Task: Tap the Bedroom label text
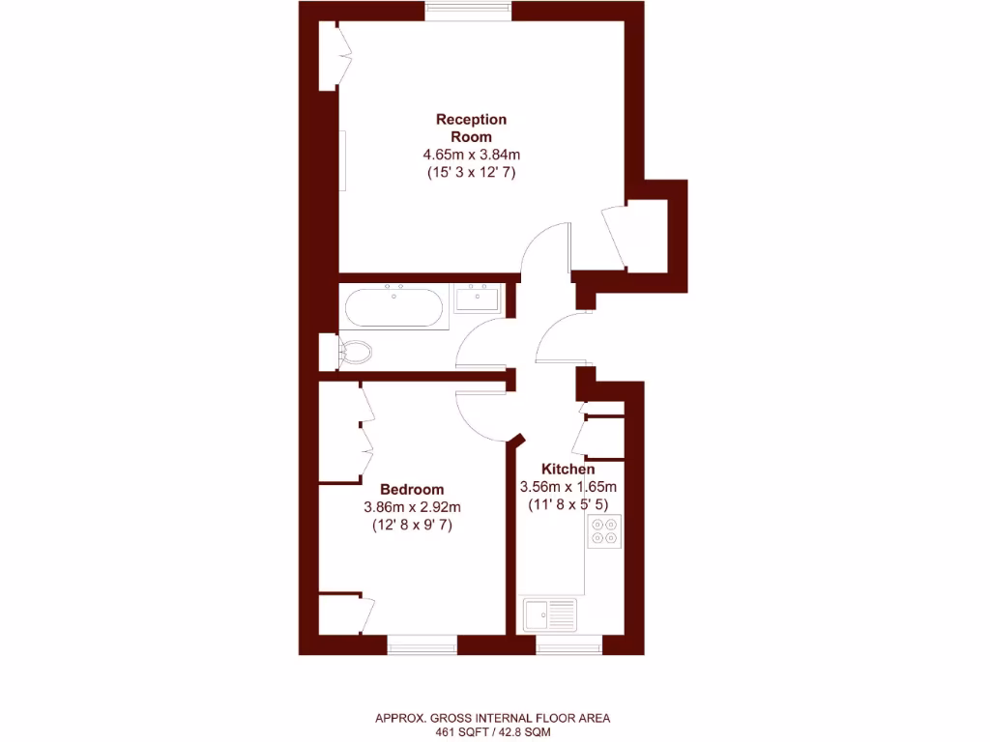pyautogui.click(x=411, y=489)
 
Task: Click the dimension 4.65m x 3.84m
pyautogui.click(x=471, y=155)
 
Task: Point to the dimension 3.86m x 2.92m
pyautogui.click(x=411, y=507)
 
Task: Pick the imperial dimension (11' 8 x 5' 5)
pyautogui.click(x=568, y=504)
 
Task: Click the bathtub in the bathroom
pyautogui.click(x=393, y=307)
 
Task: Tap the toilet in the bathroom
pyautogui.click(x=354, y=352)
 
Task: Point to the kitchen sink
pyautogui.click(x=548, y=614)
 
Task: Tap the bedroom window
pyautogui.click(x=422, y=642)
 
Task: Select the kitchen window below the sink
pyautogui.click(x=568, y=642)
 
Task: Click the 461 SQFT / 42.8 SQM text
pyautogui.click(x=492, y=732)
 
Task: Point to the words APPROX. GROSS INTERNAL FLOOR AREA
pyautogui.click(x=492, y=718)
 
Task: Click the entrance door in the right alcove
pyautogui.click(x=613, y=238)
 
